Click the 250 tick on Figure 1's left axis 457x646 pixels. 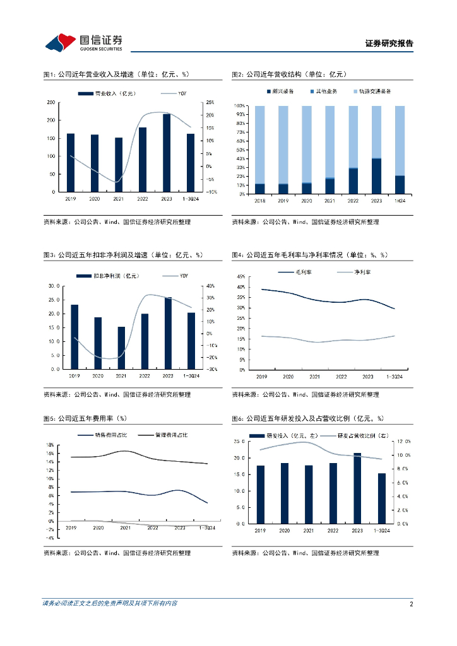click(x=50, y=102)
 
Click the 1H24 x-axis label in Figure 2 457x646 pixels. click(x=400, y=201)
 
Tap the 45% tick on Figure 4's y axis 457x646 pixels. click(x=240, y=277)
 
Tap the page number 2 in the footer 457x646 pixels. click(x=411, y=604)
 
